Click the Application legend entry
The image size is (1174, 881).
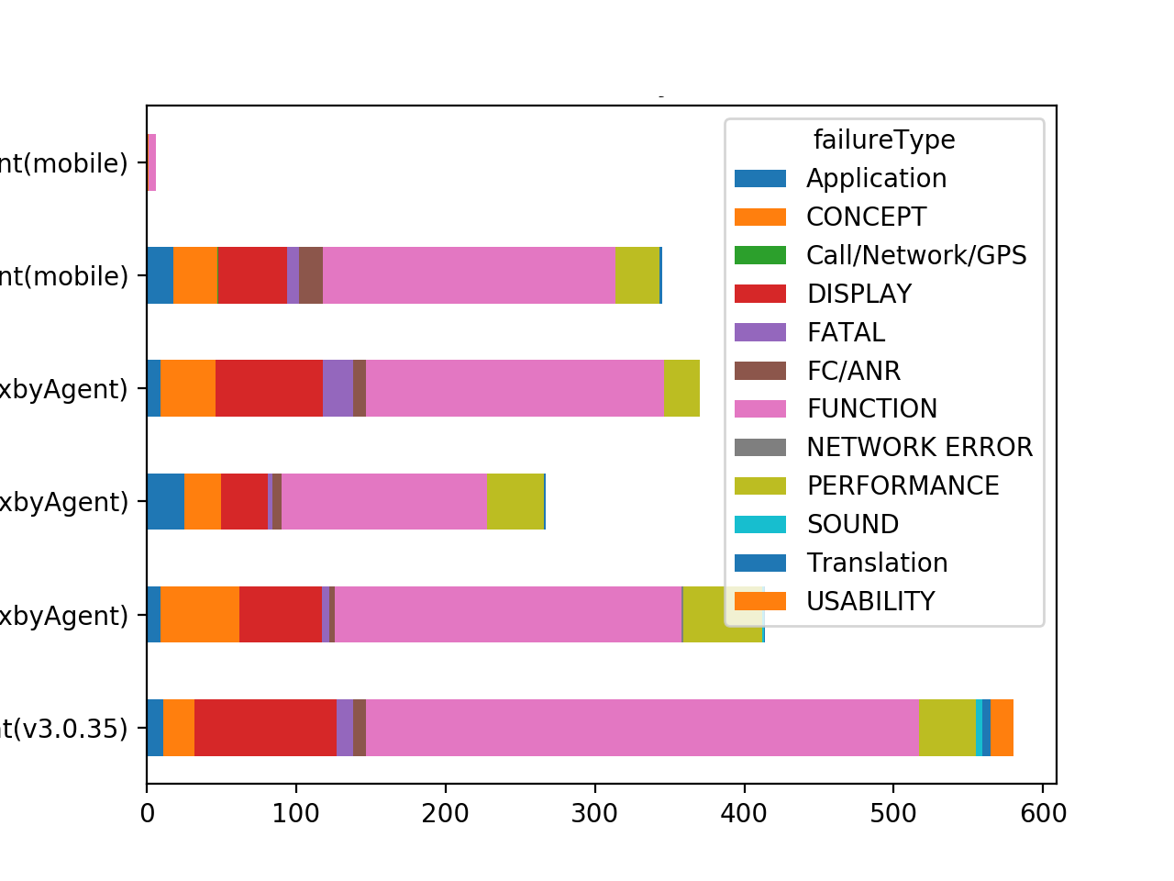coord(876,178)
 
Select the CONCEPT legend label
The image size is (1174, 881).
coord(866,217)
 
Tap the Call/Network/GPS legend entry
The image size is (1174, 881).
coord(915,255)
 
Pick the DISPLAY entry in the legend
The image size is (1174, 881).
coord(858,294)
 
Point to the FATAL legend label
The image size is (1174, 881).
coord(846,332)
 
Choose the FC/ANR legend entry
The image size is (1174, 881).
coord(853,371)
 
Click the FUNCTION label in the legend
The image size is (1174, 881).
coord(871,408)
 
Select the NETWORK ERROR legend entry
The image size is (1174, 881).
coord(919,447)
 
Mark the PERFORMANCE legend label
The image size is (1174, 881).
coord(903,485)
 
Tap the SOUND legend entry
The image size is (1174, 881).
coord(852,524)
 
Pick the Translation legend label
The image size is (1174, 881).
coord(877,563)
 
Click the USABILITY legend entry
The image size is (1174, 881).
coord(870,601)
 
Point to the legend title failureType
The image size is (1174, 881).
coord(884,139)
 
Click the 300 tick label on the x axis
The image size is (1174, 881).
coord(594,813)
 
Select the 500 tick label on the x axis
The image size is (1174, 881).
coord(893,813)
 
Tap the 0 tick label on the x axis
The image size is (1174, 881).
coord(147,813)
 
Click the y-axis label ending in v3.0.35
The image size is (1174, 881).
coord(64,729)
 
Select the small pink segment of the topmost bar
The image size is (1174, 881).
coord(151,162)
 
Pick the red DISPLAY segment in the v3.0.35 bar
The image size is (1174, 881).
coord(265,728)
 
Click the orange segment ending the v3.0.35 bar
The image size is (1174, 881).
coord(1002,728)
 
